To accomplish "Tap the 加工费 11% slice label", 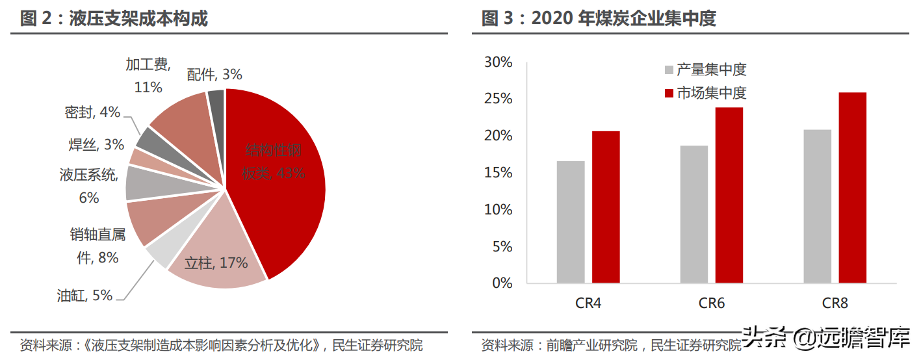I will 148,75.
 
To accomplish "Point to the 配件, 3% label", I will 214,75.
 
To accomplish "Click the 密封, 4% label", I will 92,112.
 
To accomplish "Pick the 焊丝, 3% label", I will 96,144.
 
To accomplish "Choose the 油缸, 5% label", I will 84,296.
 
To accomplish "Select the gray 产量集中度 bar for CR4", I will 571,222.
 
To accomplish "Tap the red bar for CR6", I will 729,195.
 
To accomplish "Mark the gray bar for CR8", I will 817,206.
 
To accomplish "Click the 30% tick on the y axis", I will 499,62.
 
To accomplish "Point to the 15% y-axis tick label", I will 499,173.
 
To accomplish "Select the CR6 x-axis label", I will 712,303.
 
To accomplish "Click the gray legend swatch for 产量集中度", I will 669,70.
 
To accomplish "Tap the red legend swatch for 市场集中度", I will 669,93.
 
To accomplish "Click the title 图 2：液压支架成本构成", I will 114,18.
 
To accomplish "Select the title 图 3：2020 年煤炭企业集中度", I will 599,18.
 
